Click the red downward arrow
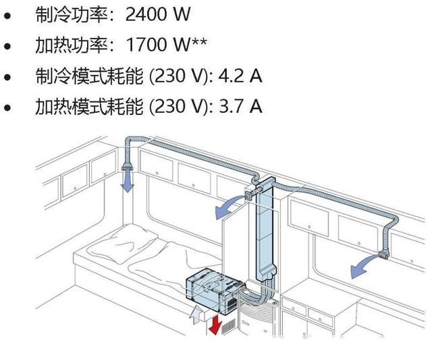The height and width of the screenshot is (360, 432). (215, 324)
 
